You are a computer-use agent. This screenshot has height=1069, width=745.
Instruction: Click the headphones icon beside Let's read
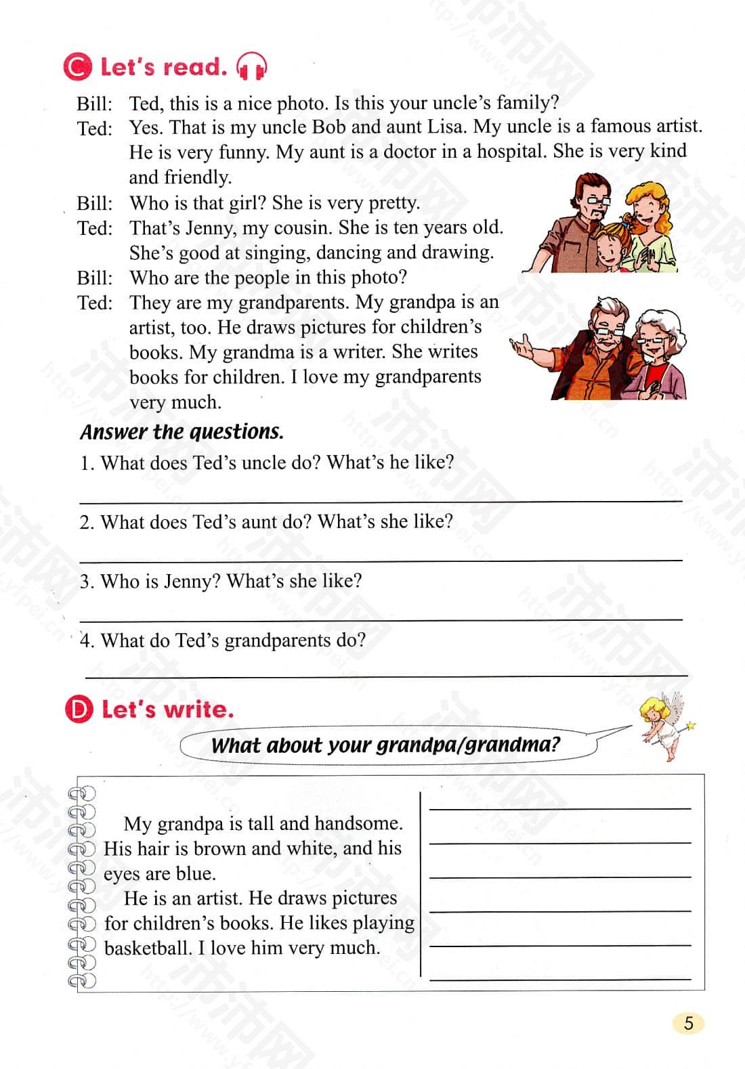click(x=251, y=66)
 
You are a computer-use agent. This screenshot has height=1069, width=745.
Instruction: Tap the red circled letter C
click(x=77, y=67)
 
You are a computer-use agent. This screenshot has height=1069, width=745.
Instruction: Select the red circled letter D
click(x=79, y=710)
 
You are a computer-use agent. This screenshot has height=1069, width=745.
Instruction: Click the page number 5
click(x=689, y=1023)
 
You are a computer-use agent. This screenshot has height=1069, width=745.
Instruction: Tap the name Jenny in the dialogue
click(x=205, y=227)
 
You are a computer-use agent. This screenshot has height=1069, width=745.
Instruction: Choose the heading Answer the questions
click(x=182, y=431)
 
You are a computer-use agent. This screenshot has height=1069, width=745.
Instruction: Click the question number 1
click(x=86, y=463)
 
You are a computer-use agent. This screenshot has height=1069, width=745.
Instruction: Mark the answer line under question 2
click(x=381, y=559)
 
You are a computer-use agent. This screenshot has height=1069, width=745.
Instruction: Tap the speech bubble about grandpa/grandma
click(x=385, y=745)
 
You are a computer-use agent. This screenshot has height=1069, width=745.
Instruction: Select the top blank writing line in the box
click(x=560, y=807)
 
